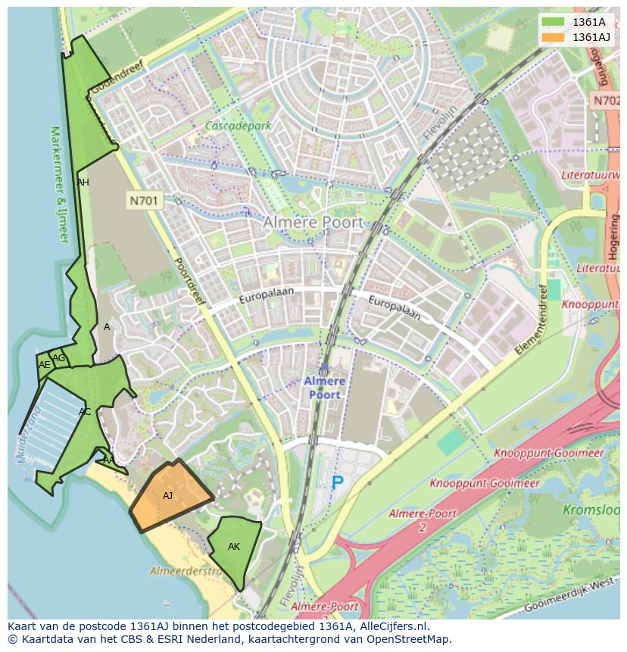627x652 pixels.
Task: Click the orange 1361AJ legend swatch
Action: point(554,37)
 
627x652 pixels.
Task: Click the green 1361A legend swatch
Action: point(554,22)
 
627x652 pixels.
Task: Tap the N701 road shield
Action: point(143,201)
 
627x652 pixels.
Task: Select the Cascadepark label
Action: point(238,126)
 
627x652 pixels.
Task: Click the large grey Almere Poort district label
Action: point(313,223)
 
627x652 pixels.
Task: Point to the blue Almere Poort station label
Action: point(324,388)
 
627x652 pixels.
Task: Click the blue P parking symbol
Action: point(337,482)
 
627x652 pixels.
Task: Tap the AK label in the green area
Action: point(234,547)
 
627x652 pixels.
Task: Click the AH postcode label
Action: point(83,182)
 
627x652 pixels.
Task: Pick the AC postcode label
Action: point(85,412)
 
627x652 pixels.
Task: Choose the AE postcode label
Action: point(44,365)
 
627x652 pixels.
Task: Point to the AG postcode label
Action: point(58,358)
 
